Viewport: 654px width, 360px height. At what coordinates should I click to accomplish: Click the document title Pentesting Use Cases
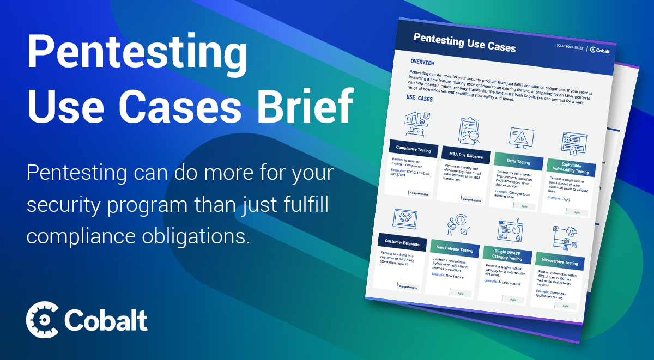(x=464, y=42)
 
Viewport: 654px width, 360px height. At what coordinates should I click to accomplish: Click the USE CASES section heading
(x=420, y=99)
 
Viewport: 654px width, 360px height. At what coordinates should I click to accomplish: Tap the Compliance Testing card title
(x=413, y=150)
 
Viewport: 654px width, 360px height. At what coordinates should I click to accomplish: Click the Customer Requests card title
(x=402, y=243)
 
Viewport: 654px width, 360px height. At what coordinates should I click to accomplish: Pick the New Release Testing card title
(x=455, y=249)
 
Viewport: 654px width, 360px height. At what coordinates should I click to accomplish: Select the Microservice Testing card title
(x=559, y=263)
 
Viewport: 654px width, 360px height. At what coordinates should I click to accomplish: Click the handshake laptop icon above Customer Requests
(x=405, y=218)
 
